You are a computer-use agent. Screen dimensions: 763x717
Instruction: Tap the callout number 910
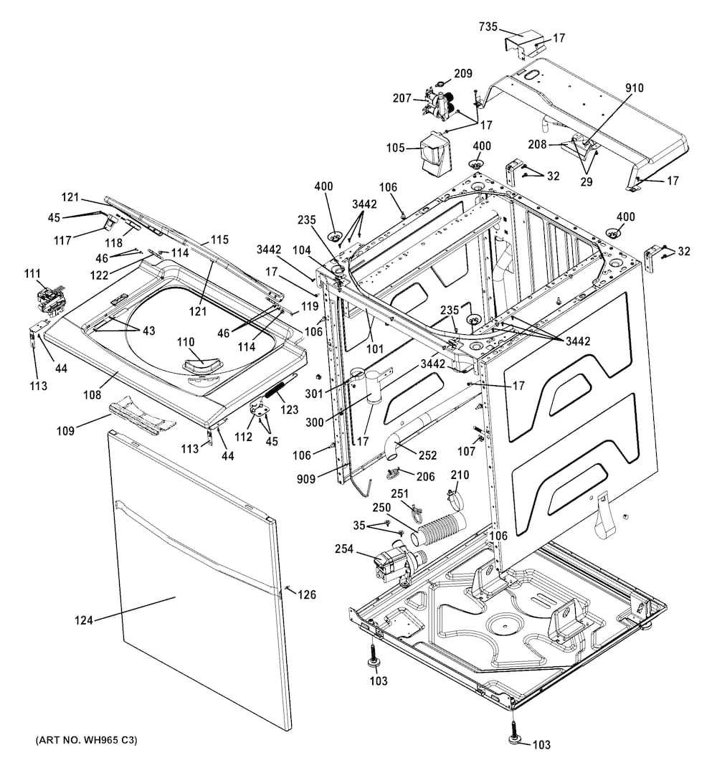pyautogui.click(x=635, y=88)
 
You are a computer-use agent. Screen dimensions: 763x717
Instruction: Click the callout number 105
pyautogui.click(x=397, y=148)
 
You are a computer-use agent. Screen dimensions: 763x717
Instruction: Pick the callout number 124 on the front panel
pyautogui.click(x=84, y=620)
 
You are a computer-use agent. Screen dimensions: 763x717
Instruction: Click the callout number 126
pyautogui.click(x=307, y=594)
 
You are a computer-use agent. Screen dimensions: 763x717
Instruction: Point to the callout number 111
pyautogui.click(x=33, y=274)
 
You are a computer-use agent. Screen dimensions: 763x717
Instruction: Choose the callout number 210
pyautogui.click(x=460, y=475)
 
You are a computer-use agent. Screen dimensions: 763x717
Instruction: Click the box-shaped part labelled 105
pyautogui.click(x=433, y=154)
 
